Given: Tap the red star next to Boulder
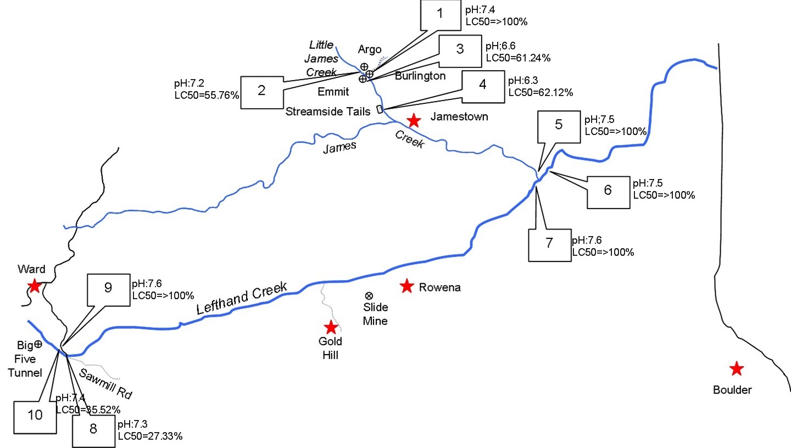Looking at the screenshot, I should (x=736, y=369).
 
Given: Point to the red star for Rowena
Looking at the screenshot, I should (x=406, y=285).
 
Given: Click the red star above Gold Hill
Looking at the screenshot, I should (x=331, y=328).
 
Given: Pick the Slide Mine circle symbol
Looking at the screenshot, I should (x=369, y=296).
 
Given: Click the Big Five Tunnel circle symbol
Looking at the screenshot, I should (x=38, y=345).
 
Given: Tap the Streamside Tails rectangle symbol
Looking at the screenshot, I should (x=380, y=109).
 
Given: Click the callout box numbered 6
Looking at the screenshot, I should (x=608, y=192).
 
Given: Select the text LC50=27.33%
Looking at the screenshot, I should (x=150, y=436).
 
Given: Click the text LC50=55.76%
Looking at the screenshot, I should (x=207, y=95).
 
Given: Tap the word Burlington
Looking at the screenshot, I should (x=420, y=76).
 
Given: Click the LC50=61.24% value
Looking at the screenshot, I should (x=518, y=57).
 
